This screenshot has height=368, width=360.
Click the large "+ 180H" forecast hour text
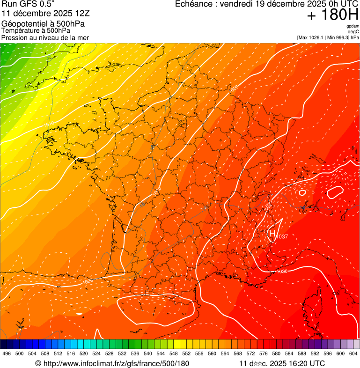(333, 15)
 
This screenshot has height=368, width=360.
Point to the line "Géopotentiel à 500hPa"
(43, 24)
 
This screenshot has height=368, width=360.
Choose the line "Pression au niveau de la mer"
(45, 37)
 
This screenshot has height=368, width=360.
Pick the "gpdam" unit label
(353, 26)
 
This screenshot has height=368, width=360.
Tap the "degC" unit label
(353, 31)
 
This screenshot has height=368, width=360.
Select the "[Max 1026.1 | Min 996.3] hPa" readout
(328, 37)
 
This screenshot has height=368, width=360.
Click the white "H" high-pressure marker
(272, 233)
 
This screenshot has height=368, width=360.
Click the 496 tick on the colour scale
(7, 354)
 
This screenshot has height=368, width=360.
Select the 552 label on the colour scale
(186, 354)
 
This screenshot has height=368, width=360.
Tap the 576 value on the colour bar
(263, 354)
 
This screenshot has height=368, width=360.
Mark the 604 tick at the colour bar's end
(353, 354)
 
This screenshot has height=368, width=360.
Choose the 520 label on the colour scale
(83, 354)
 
